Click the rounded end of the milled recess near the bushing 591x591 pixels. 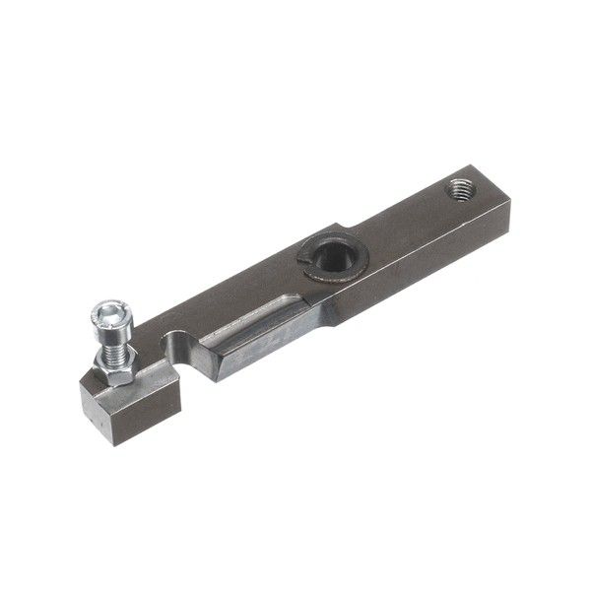[x=295, y=295]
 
